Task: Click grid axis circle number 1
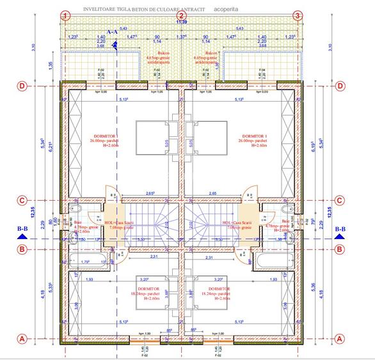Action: pyautogui.click(x=65, y=15)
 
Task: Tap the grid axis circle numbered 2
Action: pyautogui.click(x=181, y=15)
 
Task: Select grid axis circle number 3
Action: pyautogui.click(x=297, y=15)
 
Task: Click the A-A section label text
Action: pyautogui.click(x=112, y=31)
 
